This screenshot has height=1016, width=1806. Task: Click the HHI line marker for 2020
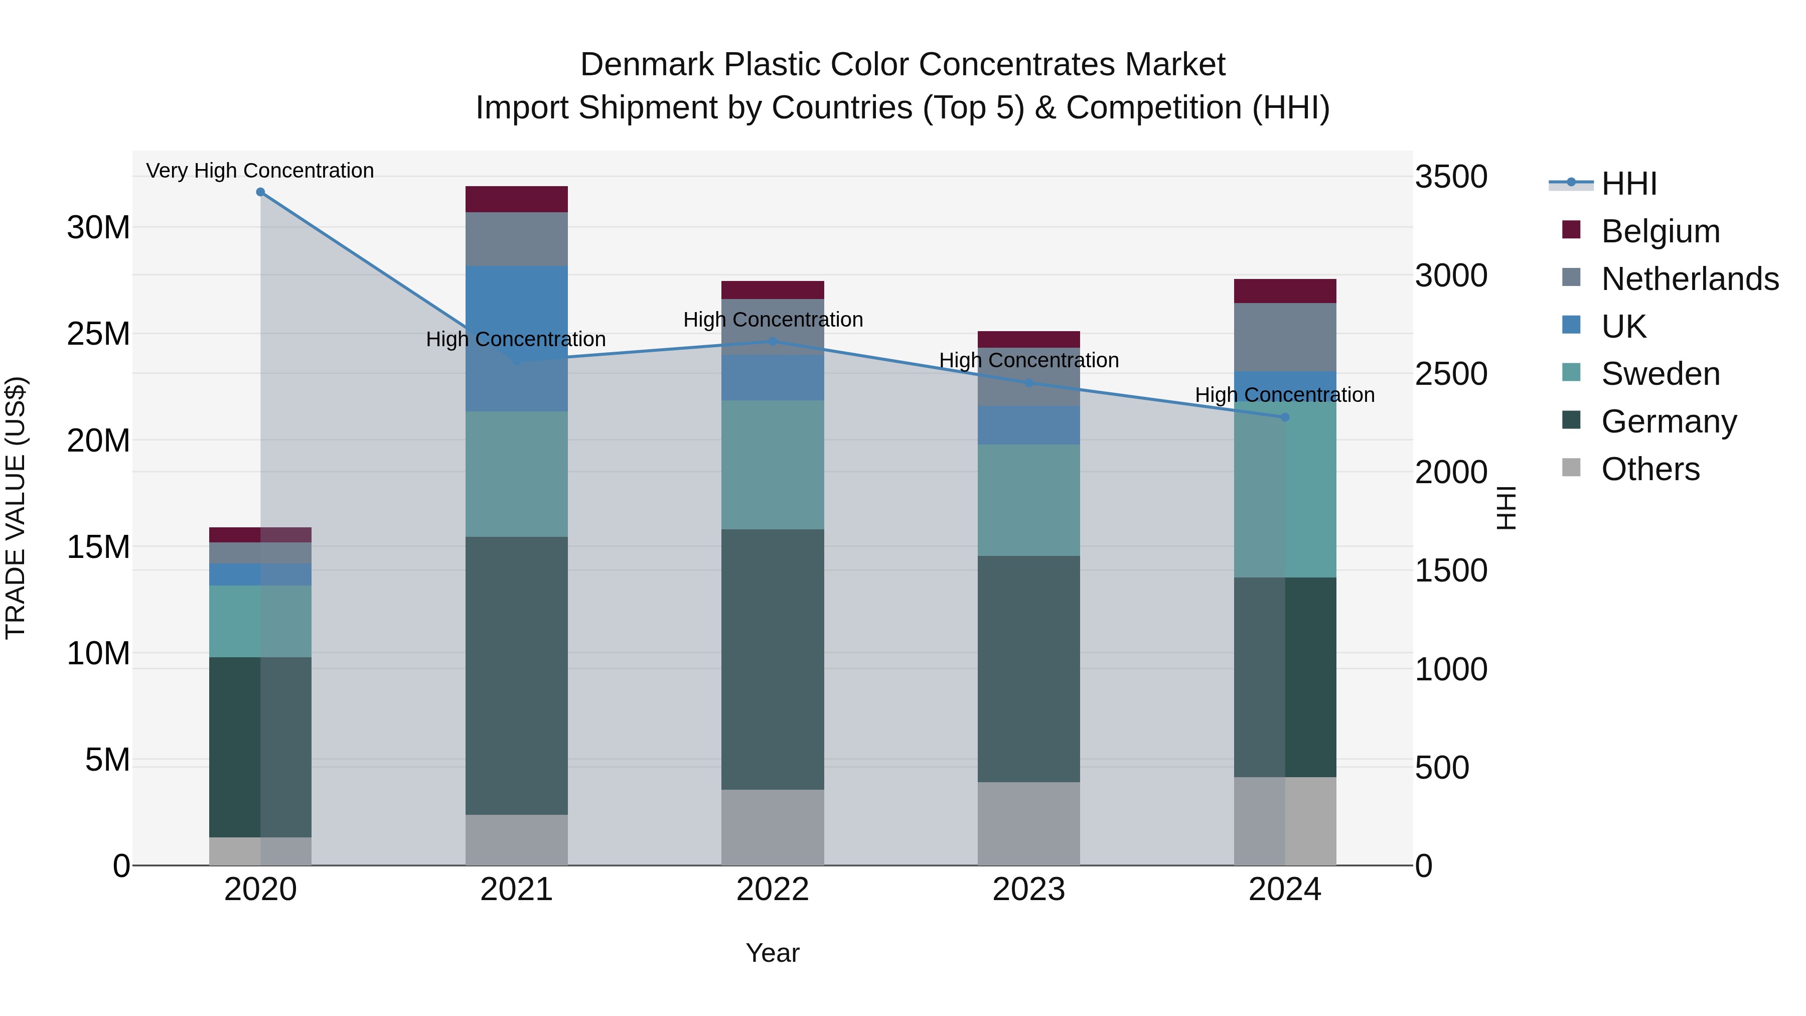[x=260, y=192]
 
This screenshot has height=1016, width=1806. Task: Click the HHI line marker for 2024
[x=1284, y=417]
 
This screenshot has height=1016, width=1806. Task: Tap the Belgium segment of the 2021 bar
[x=516, y=199]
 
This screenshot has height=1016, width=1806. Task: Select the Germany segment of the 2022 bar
[x=772, y=659]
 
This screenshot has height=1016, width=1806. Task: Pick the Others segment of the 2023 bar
[x=1028, y=823]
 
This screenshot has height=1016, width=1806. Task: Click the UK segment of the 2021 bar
[x=516, y=302]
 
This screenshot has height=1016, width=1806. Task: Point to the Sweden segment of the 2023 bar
[x=1028, y=500]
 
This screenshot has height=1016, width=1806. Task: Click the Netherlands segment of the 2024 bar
[x=1284, y=337]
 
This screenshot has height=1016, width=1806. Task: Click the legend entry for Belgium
[x=1660, y=231]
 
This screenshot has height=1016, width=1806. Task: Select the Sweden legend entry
[x=1660, y=374]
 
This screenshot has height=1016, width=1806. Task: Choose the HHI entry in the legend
[x=1628, y=184]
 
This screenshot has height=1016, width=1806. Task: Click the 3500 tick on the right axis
[x=1450, y=177]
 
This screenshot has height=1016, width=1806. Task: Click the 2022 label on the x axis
[x=772, y=890]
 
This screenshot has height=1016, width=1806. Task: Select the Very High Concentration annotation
[x=260, y=171]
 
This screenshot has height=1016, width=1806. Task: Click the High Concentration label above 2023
[x=1028, y=360]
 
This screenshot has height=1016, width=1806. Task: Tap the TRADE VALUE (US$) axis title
[x=16, y=508]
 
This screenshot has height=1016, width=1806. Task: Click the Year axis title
[x=772, y=953]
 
